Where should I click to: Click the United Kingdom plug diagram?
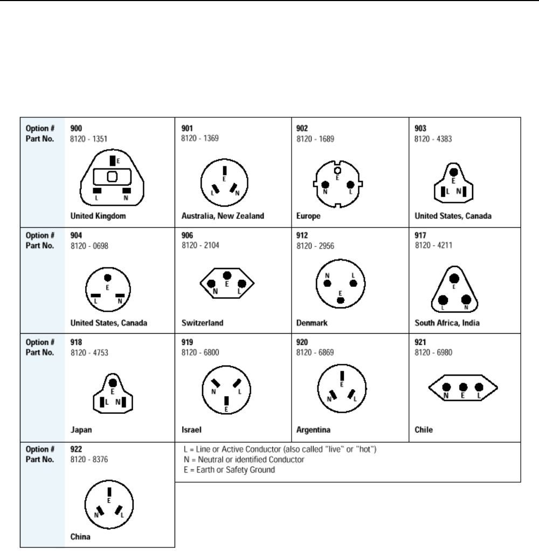113,178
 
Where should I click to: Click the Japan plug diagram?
112,395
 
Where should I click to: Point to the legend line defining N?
244,460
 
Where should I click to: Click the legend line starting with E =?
229,470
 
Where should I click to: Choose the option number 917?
420,235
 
